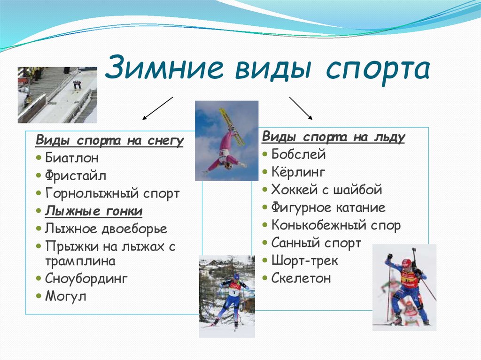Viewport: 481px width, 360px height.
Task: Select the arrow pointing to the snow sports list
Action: click(158, 109)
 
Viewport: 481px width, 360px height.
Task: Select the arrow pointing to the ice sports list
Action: click(301, 108)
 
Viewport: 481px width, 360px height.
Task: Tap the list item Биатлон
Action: click(72, 158)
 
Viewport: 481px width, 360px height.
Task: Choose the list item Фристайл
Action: click(76, 176)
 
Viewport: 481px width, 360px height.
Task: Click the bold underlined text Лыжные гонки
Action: click(93, 211)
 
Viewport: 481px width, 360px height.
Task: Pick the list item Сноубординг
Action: click(86, 278)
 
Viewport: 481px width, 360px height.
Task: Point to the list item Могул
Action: click(66, 296)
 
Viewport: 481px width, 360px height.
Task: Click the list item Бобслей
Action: click(298, 154)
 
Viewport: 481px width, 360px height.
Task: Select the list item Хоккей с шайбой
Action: click(326, 190)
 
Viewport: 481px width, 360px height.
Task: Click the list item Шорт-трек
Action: click(304, 260)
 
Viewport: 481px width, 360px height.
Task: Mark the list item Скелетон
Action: click(301, 278)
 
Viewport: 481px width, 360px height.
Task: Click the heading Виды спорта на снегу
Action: click(110, 140)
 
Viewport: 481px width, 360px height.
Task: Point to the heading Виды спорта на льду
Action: click(333, 137)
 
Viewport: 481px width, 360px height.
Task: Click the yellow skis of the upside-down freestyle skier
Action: click(232, 125)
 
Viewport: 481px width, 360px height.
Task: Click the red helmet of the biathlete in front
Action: click(406, 263)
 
